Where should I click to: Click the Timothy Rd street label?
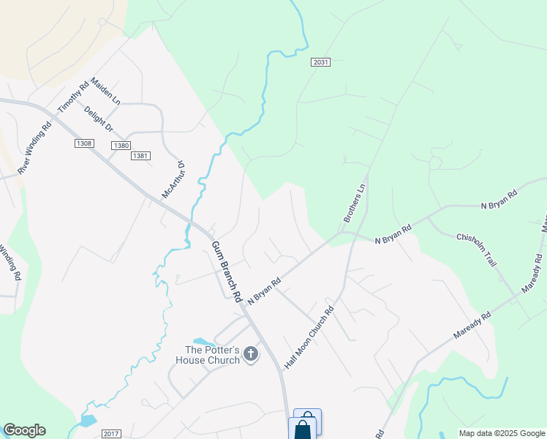click(x=73, y=96)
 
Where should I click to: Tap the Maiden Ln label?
click(x=105, y=91)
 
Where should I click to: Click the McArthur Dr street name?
click(x=175, y=181)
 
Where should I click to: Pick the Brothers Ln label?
click(x=354, y=203)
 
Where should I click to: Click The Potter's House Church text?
click(x=208, y=355)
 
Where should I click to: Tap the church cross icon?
click(x=251, y=355)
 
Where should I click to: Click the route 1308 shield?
click(x=83, y=143)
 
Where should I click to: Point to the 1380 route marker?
click(x=121, y=146)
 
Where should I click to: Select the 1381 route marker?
click(x=140, y=156)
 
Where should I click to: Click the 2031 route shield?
click(x=320, y=63)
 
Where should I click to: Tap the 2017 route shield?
click(x=111, y=434)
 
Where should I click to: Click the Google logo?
click(x=24, y=430)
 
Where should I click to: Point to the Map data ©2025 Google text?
click(x=502, y=433)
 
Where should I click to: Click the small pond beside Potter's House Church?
click(x=204, y=342)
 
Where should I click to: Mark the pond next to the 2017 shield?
click(x=87, y=421)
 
